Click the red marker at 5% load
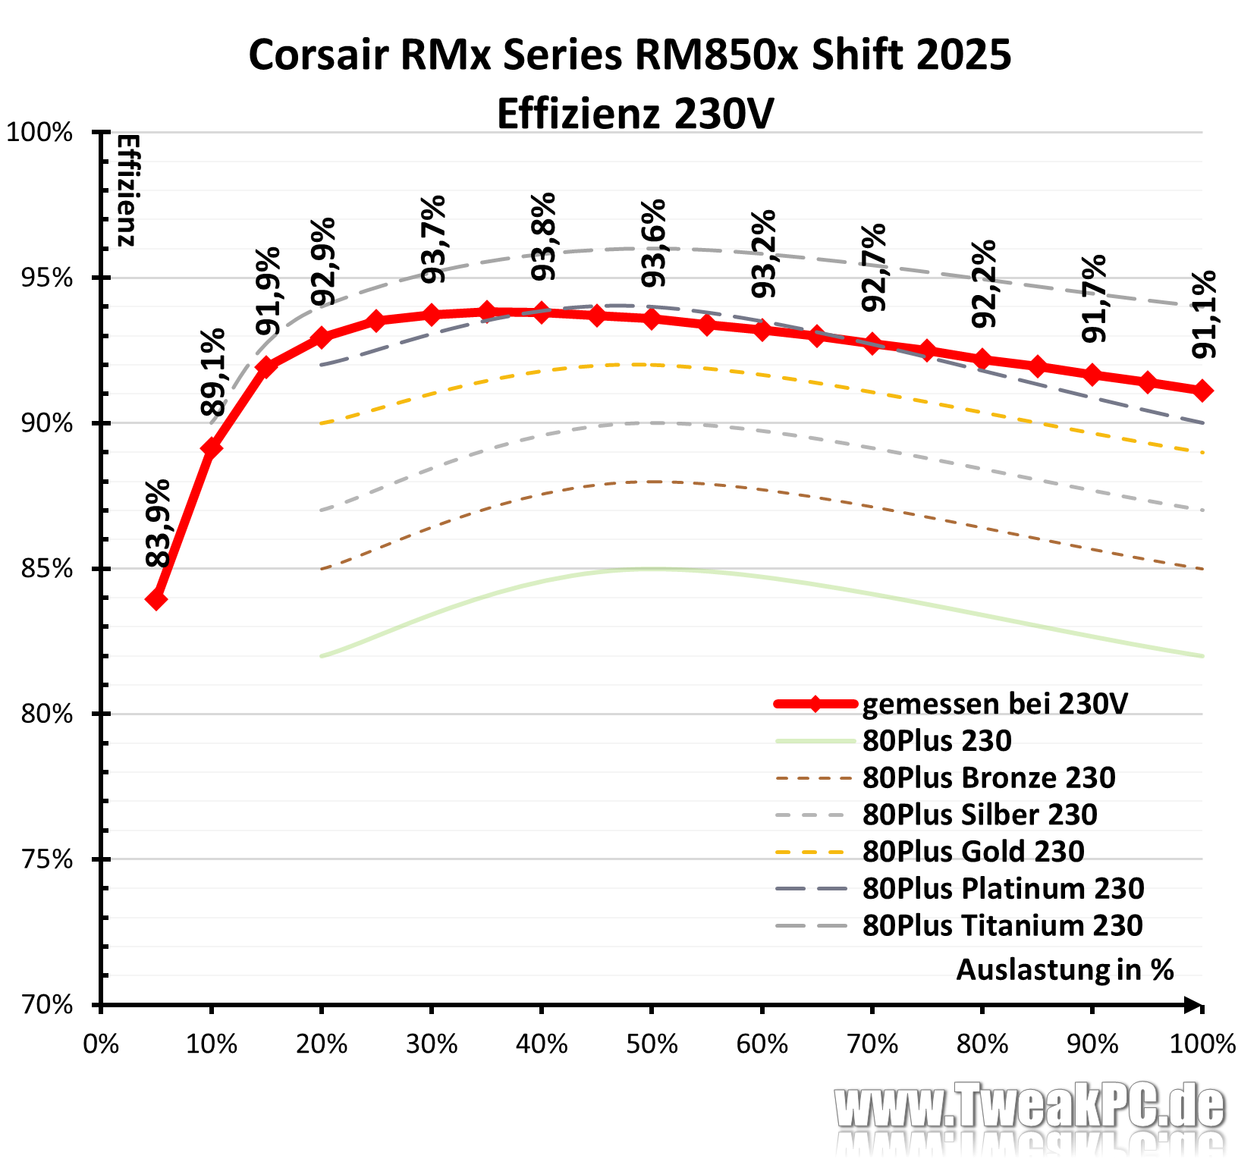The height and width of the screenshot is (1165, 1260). (x=156, y=599)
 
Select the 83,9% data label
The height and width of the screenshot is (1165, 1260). (x=159, y=523)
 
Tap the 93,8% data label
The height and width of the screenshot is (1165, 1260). (x=544, y=237)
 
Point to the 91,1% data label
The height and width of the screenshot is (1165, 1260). (x=1204, y=314)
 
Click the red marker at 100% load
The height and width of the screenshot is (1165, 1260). (x=1202, y=391)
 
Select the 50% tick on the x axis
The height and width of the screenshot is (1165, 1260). (x=652, y=1044)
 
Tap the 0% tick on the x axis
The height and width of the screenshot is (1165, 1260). (x=101, y=1044)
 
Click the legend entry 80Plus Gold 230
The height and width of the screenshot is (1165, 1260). (x=973, y=851)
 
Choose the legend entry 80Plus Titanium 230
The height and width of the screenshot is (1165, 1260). (x=1002, y=925)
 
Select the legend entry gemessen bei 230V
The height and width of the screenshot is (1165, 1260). (x=994, y=703)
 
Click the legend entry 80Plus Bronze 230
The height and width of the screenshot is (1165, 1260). (x=988, y=777)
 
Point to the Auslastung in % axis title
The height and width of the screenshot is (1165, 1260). (x=1064, y=969)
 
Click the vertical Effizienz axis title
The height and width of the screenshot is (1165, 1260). (x=127, y=190)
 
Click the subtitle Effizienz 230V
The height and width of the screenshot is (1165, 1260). (x=635, y=114)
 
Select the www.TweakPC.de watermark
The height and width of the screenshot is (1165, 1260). (x=1029, y=1107)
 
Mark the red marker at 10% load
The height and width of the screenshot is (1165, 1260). (x=212, y=448)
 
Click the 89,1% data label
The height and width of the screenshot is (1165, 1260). (x=213, y=372)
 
